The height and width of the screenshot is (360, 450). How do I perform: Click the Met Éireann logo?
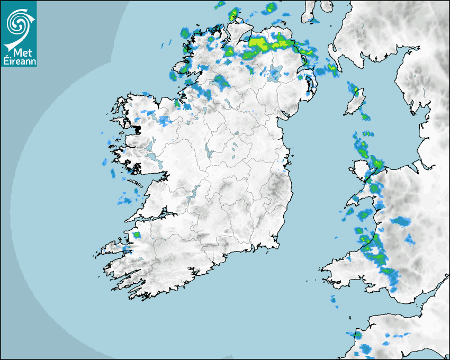pos(19,34)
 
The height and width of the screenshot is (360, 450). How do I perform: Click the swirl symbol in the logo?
pos(17,24)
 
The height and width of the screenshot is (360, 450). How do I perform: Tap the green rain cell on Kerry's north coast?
pos(137,235)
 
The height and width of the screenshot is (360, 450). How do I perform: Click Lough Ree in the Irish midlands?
pos(206,154)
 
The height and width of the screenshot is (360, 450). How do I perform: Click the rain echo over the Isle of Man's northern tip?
pos(356,89)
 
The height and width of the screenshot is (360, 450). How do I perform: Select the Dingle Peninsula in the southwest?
pos(114,248)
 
